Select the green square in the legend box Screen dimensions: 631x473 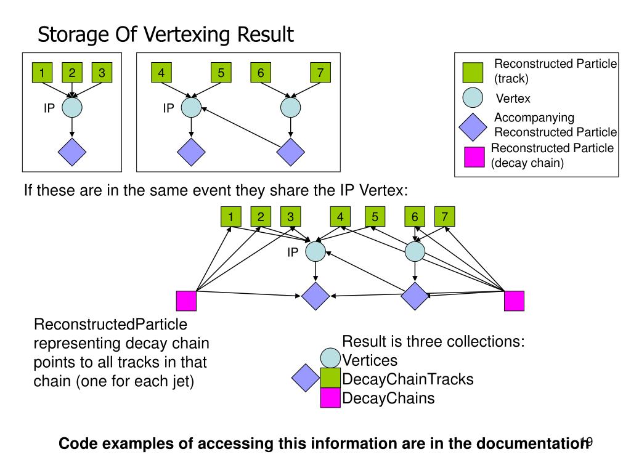473,73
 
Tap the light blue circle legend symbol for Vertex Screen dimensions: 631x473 473,98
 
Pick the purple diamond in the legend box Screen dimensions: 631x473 473,127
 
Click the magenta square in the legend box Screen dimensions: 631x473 474,157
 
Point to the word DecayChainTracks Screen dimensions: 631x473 408,379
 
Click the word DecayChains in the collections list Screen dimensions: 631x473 388,398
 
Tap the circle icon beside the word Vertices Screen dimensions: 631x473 330,358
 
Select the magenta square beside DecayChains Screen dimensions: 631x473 330,398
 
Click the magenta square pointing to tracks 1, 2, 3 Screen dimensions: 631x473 186,301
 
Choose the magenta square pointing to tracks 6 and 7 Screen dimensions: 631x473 515,301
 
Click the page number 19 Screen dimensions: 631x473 587,442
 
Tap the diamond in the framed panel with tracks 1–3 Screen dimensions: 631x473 72,152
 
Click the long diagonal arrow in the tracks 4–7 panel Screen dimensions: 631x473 241,127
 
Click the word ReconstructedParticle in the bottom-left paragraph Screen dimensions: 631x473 110,324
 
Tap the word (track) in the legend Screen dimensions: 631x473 511,78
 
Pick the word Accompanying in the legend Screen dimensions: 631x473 534,118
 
